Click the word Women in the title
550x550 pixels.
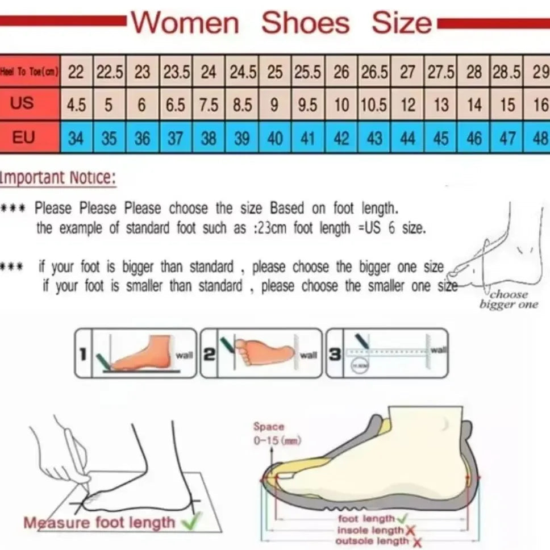pyautogui.click(x=185, y=24)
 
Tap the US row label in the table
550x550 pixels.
pyautogui.click(x=23, y=103)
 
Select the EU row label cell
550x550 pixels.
pyautogui.click(x=23, y=137)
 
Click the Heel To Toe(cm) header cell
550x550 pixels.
pyautogui.click(x=30, y=72)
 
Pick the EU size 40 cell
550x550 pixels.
pyautogui.click(x=274, y=138)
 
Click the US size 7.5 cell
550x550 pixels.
pyautogui.click(x=209, y=105)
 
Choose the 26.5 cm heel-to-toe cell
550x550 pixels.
pyautogui.click(x=374, y=72)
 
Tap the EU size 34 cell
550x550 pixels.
pyautogui.click(x=76, y=138)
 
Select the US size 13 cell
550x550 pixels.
pyautogui.click(x=441, y=105)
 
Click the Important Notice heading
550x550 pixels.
pyautogui.click(x=58, y=178)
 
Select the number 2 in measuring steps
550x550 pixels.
pyautogui.click(x=209, y=355)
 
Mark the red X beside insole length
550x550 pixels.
pyautogui.click(x=410, y=530)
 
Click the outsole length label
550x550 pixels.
pyautogui.click(x=372, y=540)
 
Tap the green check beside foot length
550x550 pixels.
pyautogui.click(x=402, y=518)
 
